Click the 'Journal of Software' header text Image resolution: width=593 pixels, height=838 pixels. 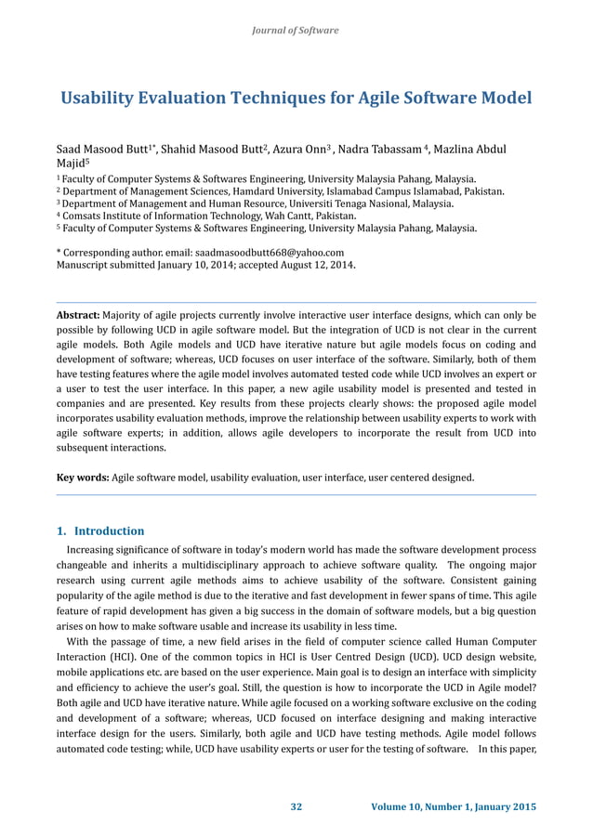tap(296, 31)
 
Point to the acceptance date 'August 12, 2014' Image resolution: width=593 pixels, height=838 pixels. tap(312, 264)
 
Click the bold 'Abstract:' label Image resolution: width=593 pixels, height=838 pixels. tap(78, 315)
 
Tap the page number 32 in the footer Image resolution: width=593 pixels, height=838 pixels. tap(296, 805)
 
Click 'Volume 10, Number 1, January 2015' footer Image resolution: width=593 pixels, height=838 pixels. tap(454, 805)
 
